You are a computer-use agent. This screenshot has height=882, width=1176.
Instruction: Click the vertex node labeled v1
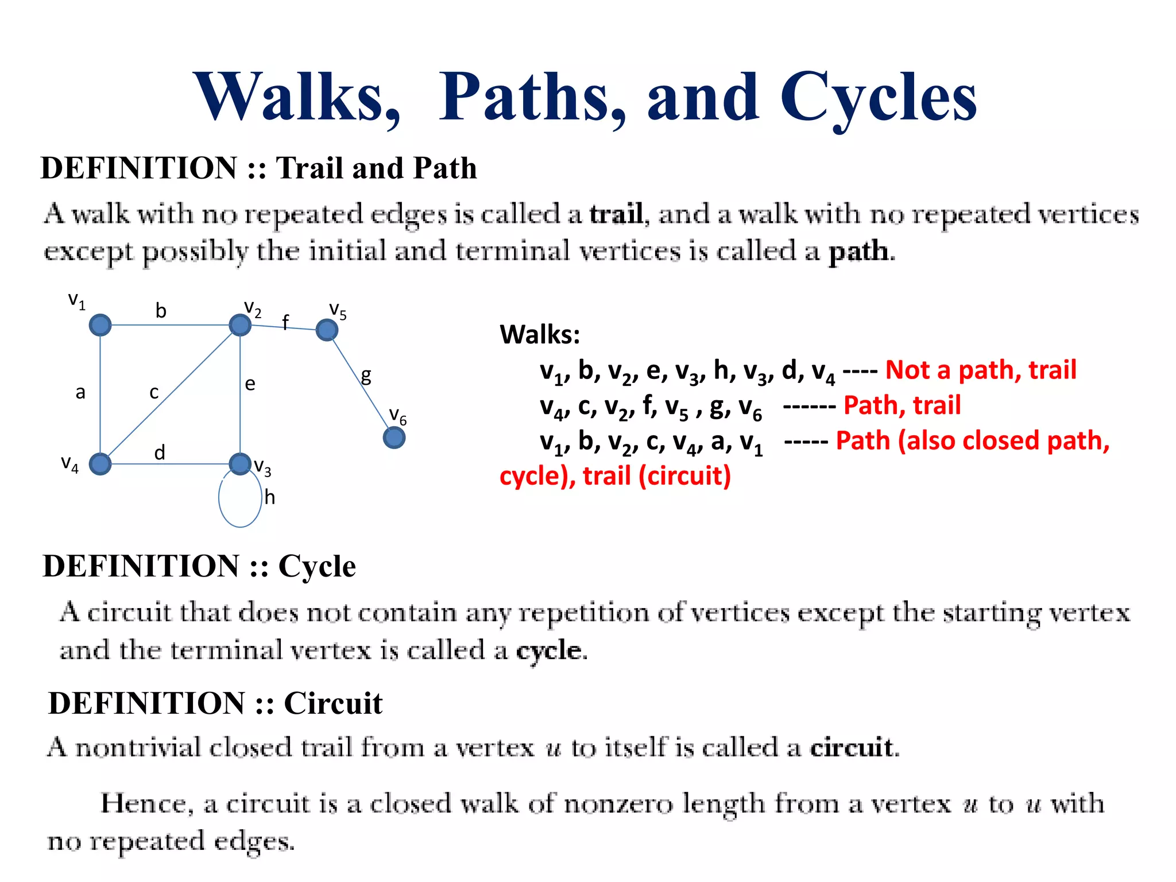click(x=100, y=325)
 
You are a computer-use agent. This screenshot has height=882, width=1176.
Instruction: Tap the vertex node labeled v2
click(x=240, y=325)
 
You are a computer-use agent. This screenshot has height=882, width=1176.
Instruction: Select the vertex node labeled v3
click(x=240, y=463)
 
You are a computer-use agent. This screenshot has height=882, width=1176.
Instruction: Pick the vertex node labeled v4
click(x=100, y=464)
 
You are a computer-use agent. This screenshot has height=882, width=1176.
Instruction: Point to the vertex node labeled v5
click(x=327, y=330)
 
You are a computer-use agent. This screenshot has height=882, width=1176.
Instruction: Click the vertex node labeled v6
click(x=394, y=438)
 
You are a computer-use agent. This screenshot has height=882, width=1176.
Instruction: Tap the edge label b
click(x=161, y=311)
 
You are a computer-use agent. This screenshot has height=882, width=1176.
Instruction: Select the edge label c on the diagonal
click(x=154, y=392)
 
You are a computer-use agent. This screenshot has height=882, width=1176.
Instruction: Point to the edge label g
click(x=366, y=376)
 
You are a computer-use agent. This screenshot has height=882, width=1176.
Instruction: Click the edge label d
click(x=160, y=452)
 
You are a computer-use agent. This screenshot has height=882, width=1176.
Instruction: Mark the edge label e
click(x=250, y=384)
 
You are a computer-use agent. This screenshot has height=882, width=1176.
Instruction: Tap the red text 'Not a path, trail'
click(x=980, y=370)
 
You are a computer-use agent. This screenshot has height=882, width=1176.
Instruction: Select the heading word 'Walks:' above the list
click(x=540, y=334)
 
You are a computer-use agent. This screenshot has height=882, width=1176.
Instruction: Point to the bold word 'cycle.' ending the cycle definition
click(x=551, y=651)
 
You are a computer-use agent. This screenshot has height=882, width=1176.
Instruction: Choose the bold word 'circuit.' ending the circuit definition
click(x=854, y=747)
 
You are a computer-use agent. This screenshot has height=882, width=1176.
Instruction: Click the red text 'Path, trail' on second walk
click(x=902, y=405)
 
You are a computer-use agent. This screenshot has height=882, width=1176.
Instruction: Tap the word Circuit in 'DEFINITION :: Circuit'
click(x=333, y=703)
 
